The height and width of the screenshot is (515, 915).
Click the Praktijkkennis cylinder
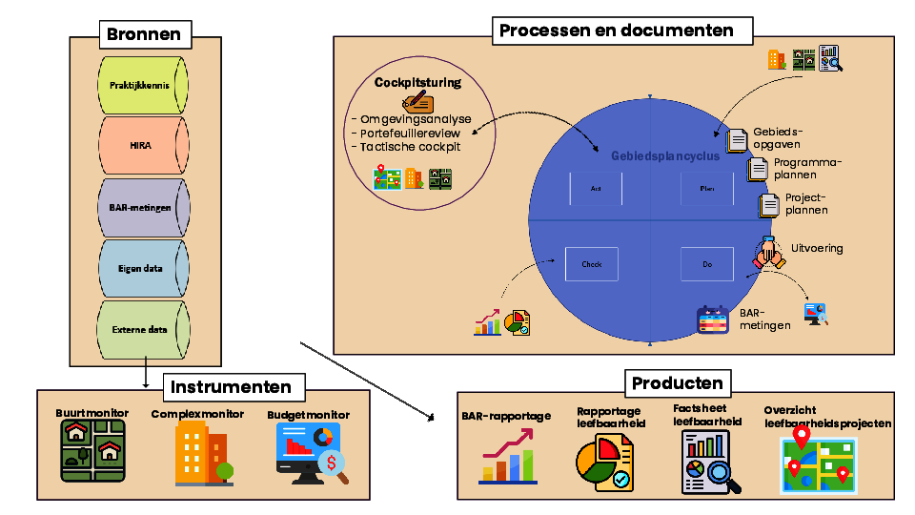(x=140, y=86)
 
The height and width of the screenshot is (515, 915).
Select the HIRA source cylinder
(x=140, y=147)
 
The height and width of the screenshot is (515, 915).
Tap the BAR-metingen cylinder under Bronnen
(x=140, y=208)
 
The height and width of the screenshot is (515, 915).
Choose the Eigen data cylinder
(x=140, y=268)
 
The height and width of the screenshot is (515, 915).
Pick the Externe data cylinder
(x=140, y=329)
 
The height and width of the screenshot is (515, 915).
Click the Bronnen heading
(x=143, y=35)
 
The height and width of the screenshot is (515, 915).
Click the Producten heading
(x=677, y=383)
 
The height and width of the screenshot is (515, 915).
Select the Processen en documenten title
(x=617, y=31)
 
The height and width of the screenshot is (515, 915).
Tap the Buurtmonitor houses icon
(x=93, y=453)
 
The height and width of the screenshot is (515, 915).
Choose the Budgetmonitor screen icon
(x=311, y=453)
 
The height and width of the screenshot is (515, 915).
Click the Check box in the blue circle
(x=592, y=264)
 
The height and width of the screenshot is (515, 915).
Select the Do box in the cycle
(x=706, y=264)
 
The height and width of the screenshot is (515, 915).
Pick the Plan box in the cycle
(x=706, y=189)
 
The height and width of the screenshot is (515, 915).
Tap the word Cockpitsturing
(x=417, y=82)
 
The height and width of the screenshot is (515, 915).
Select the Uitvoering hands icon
(x=770, y=252)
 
